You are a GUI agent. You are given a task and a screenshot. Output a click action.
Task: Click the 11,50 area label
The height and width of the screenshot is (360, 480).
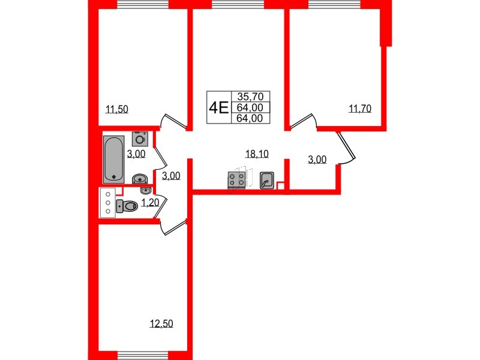(x=117, y=109)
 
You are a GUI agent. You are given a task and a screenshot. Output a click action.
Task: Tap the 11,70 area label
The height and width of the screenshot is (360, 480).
(x=360, y=109)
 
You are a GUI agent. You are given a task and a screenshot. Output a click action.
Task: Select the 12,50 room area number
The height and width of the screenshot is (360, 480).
(x=161, y=325)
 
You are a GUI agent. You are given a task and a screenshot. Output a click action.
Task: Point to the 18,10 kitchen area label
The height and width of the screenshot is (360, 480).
(x=256, y=154)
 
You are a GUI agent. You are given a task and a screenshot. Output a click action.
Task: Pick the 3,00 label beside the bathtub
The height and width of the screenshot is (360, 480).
(x=136, y=154)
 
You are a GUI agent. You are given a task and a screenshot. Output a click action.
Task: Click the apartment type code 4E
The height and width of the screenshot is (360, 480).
(x=218, y=107)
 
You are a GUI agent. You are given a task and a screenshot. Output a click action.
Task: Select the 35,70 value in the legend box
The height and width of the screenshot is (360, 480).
(x=250, y=97)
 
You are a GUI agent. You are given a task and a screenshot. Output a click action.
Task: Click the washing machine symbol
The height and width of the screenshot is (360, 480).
(x=140, y=139)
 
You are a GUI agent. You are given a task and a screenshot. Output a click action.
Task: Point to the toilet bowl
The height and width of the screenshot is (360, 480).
(x=127, y=206)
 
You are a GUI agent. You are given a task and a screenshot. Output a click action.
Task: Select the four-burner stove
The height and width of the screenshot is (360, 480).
(x=236, y=179)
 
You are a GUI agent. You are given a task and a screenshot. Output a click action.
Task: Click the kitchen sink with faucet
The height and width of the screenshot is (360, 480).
(x=267, y=179)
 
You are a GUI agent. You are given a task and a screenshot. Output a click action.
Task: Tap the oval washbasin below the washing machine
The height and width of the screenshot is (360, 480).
(x=139, y=179)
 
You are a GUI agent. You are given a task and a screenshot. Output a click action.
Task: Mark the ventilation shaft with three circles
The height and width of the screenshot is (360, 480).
(x=107, y=202)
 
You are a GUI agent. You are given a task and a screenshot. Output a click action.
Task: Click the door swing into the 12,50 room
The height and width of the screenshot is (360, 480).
(x=174, y=227)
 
